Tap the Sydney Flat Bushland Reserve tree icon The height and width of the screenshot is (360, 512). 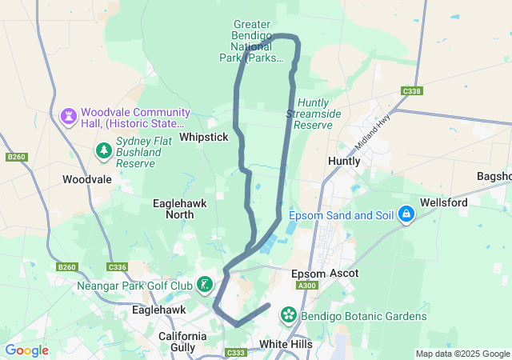coord(103,150)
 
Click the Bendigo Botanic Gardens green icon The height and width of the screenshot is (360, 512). coord(288,316)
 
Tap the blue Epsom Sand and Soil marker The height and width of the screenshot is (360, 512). coord(406,214)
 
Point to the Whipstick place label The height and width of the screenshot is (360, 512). coord(204,138)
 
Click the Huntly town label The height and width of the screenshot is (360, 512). coord(344,161)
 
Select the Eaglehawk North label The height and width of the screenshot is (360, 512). coord(179,209)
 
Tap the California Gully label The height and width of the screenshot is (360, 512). coord(188,342)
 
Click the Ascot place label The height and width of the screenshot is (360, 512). coord(343,274)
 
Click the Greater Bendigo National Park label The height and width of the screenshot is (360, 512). coord(251,42)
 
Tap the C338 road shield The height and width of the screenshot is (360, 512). coord(412,91)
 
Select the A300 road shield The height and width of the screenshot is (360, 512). coord(306,286)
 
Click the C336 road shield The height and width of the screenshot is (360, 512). coord(118,267)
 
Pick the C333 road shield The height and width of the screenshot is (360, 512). coord(236,353)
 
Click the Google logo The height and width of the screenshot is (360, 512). coord(26,350)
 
